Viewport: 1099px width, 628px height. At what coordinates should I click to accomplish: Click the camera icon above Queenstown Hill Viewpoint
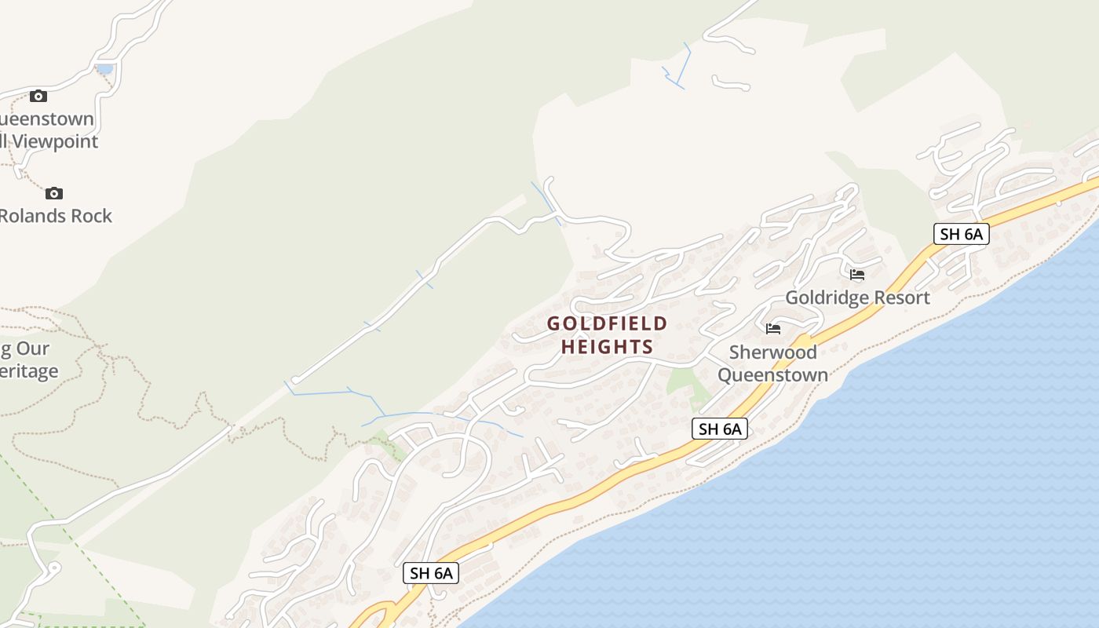(38, 97)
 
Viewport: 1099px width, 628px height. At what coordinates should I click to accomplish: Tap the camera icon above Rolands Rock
(53, 193)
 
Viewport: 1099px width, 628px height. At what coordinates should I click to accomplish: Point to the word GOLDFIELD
(607, 323)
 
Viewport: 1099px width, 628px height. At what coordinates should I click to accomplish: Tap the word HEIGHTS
(607, 347)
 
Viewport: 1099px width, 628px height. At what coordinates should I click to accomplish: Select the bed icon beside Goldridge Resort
(857, 275)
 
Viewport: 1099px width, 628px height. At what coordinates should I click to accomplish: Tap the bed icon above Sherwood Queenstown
(773, 328)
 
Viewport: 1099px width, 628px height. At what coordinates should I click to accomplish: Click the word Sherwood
(772, 352)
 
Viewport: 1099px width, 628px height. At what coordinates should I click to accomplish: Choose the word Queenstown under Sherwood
(772, 374)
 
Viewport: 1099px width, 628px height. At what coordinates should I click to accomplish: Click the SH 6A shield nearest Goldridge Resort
(961, 234)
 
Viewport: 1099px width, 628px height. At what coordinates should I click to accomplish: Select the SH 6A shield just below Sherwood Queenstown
(720, 429)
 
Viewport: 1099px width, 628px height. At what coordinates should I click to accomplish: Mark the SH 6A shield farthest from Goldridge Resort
(431, 573)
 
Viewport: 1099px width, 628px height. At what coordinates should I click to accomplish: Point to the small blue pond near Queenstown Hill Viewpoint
(104, 69)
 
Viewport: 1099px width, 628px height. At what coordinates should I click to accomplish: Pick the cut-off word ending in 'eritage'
(30, 371)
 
